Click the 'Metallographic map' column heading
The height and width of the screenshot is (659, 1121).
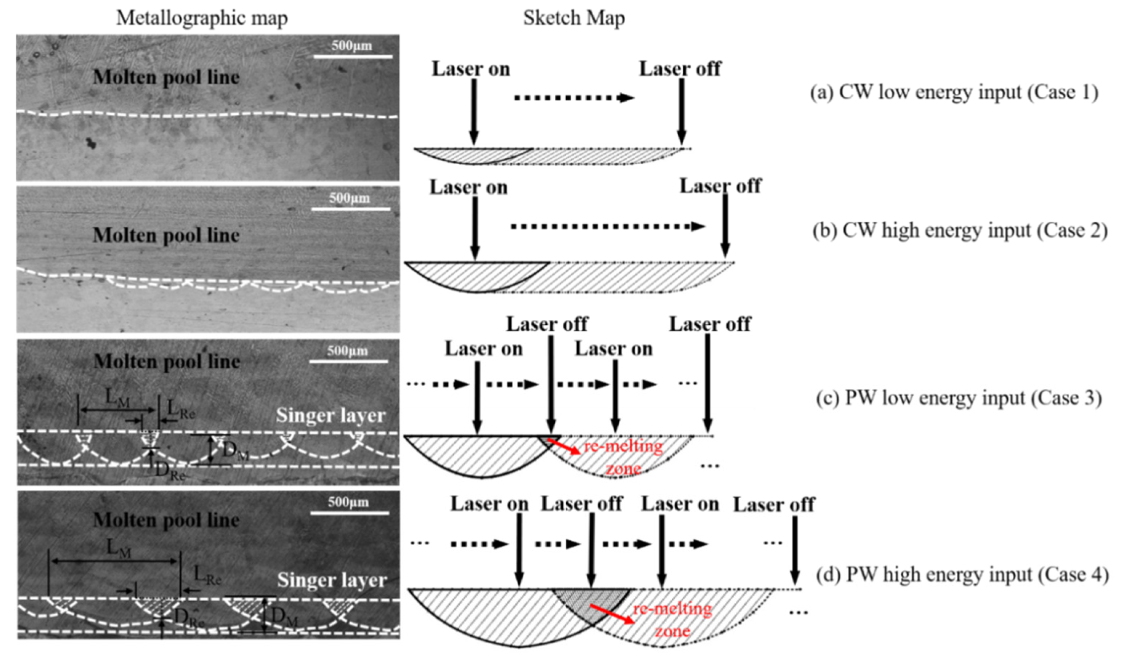pos(202,18)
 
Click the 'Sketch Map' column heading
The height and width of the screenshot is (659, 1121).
pos(574,18)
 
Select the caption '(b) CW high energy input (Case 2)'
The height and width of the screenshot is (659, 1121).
pos(960,231)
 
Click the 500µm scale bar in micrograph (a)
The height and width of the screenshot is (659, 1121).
pos(353,56)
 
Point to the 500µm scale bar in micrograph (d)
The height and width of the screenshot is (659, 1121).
pos(349,512)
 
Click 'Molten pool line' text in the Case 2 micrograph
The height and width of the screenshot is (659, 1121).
pos(166,235)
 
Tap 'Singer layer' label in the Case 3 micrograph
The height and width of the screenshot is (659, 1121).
pos(330,416)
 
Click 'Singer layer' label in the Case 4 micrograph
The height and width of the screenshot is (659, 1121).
pos(332,580)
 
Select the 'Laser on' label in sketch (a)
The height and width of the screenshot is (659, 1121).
pos(471,69)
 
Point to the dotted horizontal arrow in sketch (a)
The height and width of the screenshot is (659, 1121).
pos(574,98)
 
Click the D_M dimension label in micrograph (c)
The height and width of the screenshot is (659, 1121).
pos(234,450)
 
